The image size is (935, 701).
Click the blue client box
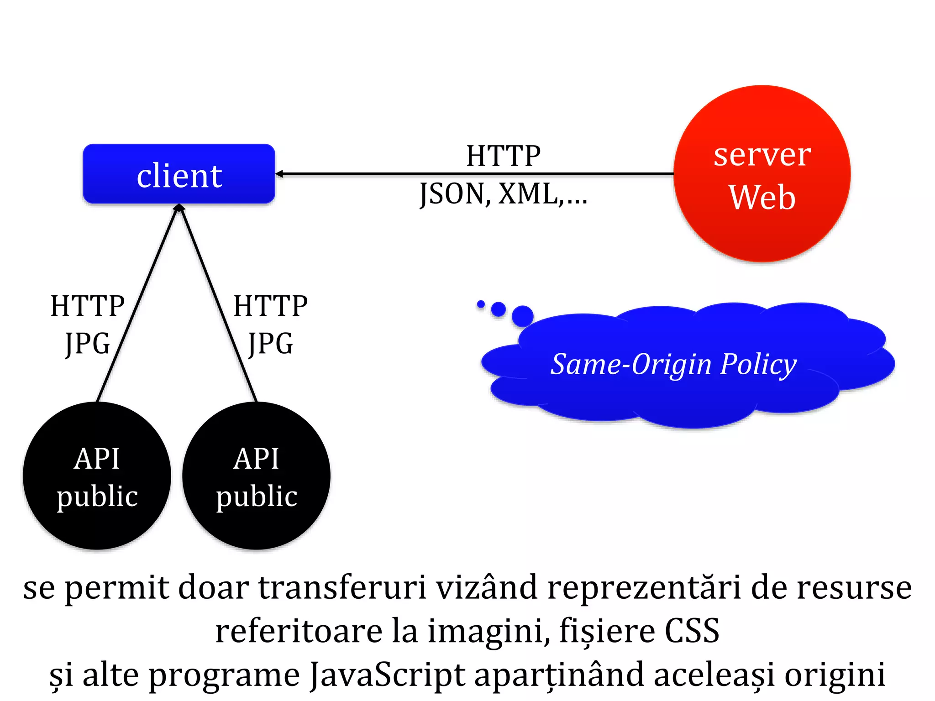coord(179,174)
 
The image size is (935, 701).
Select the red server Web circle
coord(762,173)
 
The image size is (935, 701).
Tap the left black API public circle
coord(97,476)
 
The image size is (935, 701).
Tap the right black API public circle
coord(256,476)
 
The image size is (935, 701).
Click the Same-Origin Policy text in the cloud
coord(673,365)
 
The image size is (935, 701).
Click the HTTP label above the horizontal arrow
coord(503,156)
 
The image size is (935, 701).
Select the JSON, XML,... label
coord(503,194)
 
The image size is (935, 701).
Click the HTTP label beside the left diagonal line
coord(87,306)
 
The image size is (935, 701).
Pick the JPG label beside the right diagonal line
coord(270,344)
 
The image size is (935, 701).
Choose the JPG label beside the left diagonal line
coord(88,344)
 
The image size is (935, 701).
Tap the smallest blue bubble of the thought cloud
coord(481,304)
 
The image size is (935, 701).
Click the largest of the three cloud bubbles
coord(522,316)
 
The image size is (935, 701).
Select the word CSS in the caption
coord(692,631)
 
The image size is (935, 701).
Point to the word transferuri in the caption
coord(342,587)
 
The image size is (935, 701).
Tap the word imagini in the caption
coord(489,631)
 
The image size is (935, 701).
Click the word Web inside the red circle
coord(762,197)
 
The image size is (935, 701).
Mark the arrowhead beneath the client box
coord(179,208)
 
